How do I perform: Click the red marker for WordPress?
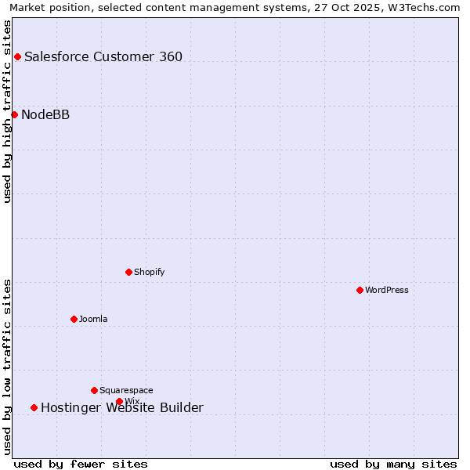pos(360,290)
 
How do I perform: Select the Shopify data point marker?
pos(128,272)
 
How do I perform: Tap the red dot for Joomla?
pos(74,319)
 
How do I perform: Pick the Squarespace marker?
pos(94,390)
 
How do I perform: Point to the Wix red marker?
pos(119,401)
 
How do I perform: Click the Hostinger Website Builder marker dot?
pos(34,407)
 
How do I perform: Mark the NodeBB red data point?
pos(14,114)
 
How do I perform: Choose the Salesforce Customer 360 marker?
pos(17,56)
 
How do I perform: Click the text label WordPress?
pos(387,290)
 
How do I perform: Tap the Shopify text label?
pos(149,272)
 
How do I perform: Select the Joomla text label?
pos(93,319)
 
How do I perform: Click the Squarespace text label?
pos(126,390)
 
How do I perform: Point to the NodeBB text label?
pos(45,115)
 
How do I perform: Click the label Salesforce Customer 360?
pos(103,56)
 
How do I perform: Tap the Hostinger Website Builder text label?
pos(122,407)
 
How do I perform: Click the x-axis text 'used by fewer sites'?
pos(81,464)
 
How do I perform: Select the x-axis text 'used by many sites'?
pos(393,464)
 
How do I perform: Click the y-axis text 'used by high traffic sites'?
pos(8,111)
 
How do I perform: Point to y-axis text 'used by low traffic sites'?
pos(8,367)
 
